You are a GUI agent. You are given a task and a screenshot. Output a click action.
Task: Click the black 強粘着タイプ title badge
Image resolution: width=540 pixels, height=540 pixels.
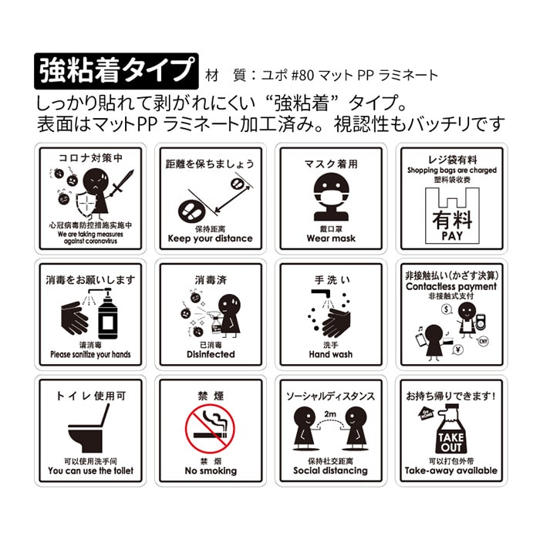[x=116, y=71]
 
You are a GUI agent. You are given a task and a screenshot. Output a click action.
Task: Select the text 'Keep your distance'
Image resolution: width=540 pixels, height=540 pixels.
[x=211, y=238]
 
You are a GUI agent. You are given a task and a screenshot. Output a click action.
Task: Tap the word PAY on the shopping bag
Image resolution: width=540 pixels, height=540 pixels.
[x=453, y=235]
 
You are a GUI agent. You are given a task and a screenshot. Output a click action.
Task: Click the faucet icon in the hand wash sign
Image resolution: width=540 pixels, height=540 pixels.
[x=318, y=297]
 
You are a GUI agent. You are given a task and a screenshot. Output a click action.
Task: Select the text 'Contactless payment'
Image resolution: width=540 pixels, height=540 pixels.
[x=452, y=287]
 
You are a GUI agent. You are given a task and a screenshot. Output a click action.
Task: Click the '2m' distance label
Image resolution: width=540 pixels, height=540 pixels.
[x=330, y=415]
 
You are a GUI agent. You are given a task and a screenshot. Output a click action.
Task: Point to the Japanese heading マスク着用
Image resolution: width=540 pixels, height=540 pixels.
[x=330, y=164]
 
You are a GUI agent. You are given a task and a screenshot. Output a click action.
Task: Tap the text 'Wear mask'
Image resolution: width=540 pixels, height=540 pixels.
[x=330, y=238]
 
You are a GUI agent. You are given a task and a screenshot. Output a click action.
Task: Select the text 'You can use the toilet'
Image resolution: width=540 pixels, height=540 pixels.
[x=90, y=471]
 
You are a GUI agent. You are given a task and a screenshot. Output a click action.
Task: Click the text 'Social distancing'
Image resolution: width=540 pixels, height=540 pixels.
[x=330, y=471]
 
